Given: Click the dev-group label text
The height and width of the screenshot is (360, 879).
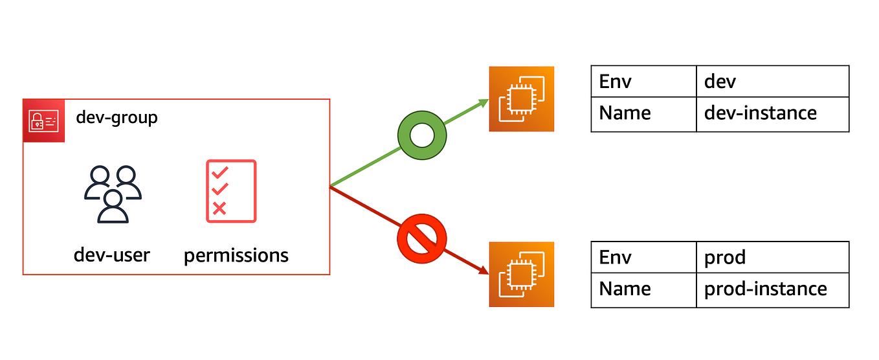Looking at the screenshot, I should pos(117,118).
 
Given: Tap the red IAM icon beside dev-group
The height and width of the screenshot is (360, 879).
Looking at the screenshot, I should pos(44,120).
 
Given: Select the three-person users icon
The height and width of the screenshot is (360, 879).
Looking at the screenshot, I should pos(113,194).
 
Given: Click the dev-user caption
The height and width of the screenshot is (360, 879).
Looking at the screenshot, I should pos(112,254).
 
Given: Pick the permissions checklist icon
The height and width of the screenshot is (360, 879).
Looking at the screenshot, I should pos(231,192).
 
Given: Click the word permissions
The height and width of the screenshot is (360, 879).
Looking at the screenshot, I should pos(236,255).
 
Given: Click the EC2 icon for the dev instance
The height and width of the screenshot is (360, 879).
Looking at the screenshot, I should pos(522,99).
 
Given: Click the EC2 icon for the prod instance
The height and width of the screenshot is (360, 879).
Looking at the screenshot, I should pos(522,274).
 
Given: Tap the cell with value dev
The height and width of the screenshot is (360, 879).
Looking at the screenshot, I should pos(772,82).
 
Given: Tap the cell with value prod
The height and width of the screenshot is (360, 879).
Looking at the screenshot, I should pos(772,257).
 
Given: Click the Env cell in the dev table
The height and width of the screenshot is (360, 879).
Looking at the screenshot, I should pos(643,82).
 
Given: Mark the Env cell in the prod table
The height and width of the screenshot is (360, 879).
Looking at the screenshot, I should pos(643,257).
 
